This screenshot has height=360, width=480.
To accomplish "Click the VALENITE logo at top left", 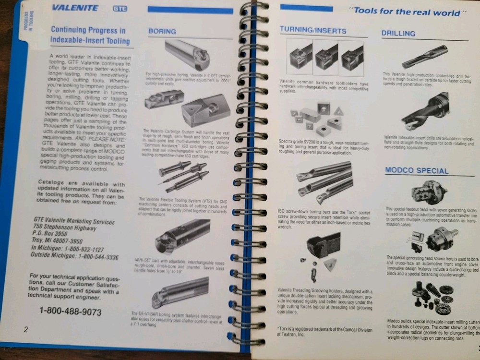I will click(75, 8).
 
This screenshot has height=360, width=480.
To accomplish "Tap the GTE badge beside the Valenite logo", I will click(120, 8).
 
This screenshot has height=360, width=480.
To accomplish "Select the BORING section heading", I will click(162, 31).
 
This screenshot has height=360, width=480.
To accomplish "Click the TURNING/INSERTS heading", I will click(312, 31).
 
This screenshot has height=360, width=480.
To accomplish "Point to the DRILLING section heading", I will click(398, 34).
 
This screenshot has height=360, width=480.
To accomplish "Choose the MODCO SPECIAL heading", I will click(416, 170).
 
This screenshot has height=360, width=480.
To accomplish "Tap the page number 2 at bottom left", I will click(26, 329).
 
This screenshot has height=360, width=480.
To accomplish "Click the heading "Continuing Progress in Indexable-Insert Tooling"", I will click(90, 36).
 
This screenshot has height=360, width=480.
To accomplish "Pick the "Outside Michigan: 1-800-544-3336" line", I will click(74, 257).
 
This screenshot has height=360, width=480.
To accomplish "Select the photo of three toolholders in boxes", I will click(326, 57).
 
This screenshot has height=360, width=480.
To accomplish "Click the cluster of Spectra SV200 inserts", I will click(317, 119).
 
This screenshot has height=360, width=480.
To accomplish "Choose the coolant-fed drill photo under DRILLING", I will click(424, 57).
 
